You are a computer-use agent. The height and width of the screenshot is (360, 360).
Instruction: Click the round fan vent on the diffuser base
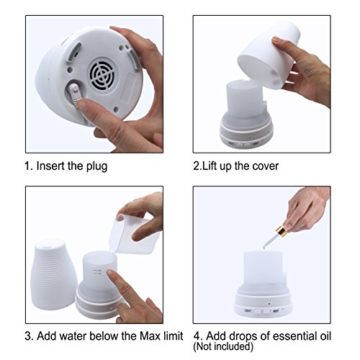(102, 73)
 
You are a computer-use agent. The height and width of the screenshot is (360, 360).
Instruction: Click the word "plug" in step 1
(96, 166)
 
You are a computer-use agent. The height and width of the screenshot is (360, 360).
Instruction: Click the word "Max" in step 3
(150, 336)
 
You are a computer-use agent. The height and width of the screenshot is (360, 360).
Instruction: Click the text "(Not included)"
(223, 346)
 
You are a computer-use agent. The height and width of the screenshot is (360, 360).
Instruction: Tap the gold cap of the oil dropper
(282, 230)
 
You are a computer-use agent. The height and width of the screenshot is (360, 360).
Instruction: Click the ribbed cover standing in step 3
(53, 274)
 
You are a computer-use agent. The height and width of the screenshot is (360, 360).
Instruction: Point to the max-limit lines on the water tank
(97, 271)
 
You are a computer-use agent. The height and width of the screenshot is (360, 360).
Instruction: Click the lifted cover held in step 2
(269, 55)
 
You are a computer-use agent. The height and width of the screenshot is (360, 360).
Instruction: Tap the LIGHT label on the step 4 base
(248, 311)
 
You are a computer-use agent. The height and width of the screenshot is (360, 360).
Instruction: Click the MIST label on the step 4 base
(276, 311)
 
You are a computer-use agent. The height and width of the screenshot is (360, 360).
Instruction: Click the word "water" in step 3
(73, 336)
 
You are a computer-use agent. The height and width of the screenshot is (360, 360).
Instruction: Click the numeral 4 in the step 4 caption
(197, 336)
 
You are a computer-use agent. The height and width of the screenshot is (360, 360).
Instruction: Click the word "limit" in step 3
(173, 336)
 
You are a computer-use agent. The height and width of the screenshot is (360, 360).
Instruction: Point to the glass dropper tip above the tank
(264, 247)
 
